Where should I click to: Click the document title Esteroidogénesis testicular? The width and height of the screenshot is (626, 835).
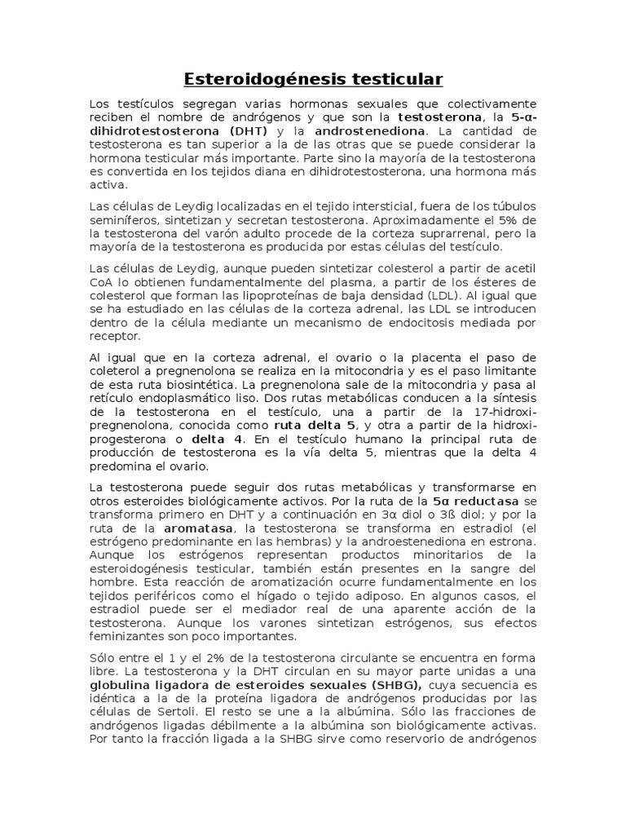(313, 79)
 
